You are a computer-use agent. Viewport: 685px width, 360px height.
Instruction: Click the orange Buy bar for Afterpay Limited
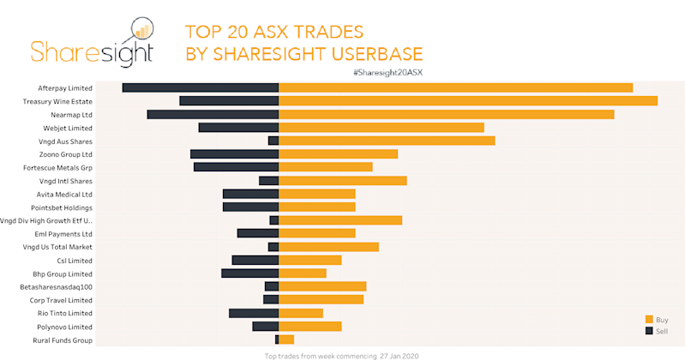pyautogui.click(x=455, y=87)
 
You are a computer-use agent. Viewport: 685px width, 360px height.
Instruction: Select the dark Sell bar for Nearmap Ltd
pyautogui.click(x=213, y=114)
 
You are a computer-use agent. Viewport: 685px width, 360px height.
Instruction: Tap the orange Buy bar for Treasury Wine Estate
pyautogui.click(x=468, y=101)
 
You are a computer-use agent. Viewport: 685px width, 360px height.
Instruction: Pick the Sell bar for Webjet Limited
pyautogui.click(x=238, y=128)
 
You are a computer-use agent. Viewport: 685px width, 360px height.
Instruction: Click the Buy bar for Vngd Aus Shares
pyautogui.click(x=387, y=141)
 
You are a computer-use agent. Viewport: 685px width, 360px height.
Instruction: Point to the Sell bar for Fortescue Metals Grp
pyautogui.click(x=236, y=167)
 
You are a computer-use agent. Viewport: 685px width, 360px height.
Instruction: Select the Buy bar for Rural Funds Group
pyautogui.click(x=286, y=340)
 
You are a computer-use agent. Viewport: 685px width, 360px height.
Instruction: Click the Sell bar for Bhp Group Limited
pyautogui.click(x=249, y=273)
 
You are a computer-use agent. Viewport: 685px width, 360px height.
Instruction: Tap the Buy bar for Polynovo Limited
pyautogui.click(x=310, y=327)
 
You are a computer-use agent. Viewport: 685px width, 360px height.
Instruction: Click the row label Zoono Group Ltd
pyautogui.click(x=65, y=154)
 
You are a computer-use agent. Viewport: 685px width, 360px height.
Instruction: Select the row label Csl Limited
pyautogui.click(x=75, y=261)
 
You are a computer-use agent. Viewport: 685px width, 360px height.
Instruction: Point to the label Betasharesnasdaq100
pyautogui.click(x=56, y=287)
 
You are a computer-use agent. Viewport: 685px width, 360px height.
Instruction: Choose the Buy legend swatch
pyautogui.click(x=649, y=320)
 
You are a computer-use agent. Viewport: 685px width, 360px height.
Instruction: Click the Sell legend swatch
pyautogui.click(x=649, y=330)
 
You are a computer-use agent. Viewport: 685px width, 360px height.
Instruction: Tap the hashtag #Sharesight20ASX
pyautogui.click(x=388, y=72)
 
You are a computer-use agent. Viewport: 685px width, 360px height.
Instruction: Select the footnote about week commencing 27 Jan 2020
pyautogui.click(x=341, y=355)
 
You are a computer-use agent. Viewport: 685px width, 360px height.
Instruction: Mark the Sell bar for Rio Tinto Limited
pyautogui.click(x=254, y=314)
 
